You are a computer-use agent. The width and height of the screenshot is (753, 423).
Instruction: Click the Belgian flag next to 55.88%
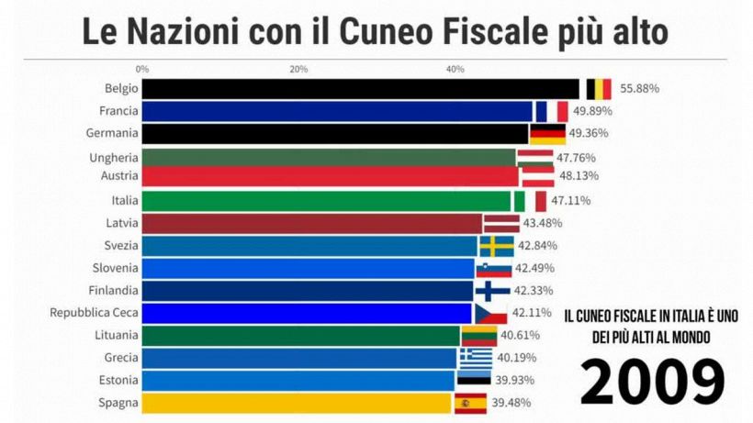point(598,89)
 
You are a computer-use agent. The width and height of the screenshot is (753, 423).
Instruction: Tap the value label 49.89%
point(592,111)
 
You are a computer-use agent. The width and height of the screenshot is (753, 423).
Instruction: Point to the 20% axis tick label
point(298,69)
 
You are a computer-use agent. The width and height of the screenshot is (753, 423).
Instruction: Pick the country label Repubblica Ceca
point(94,313)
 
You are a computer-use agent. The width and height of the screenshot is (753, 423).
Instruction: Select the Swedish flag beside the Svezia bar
point(496,246)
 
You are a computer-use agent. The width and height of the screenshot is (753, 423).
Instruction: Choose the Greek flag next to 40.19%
point(476,358)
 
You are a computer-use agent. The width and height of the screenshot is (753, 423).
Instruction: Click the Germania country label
point(112,133)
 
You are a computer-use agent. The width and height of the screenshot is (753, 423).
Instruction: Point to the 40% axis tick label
point(455,69)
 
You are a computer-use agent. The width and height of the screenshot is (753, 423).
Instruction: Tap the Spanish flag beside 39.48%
point(471,403)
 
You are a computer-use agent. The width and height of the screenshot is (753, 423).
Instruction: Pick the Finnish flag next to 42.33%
point(491,291)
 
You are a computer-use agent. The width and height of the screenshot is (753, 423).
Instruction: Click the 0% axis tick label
point(141,69)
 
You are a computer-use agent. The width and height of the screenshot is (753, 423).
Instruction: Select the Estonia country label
point(116,380)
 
